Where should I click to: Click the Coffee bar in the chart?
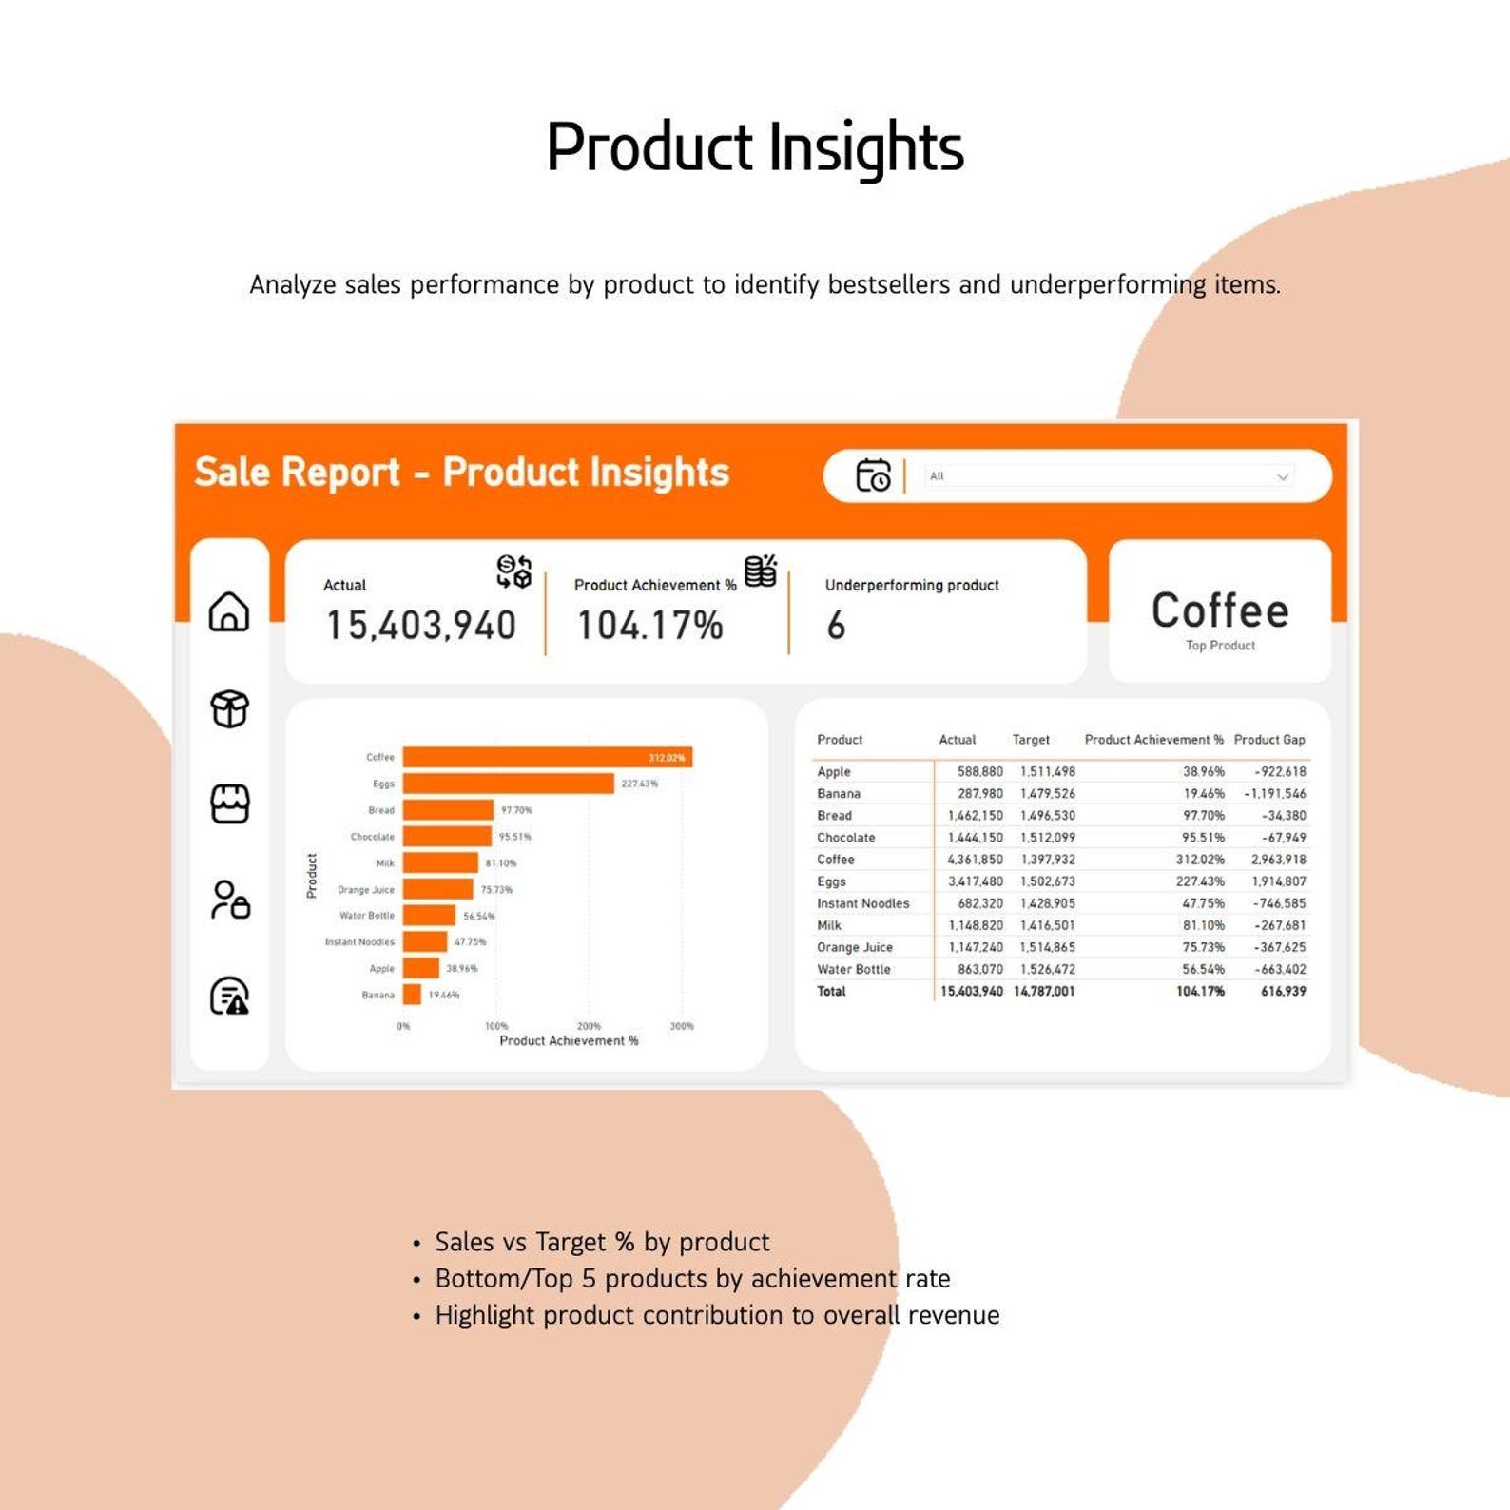[x=547, y=757]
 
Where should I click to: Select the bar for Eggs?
[x=508, y=784]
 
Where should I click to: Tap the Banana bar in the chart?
[x=412, y=995]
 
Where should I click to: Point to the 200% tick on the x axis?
[x=589, y=1026]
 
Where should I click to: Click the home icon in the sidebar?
[x=229, y=611]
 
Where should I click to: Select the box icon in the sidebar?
[x=229, y=708]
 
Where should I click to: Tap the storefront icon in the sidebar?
[x=229, y=804]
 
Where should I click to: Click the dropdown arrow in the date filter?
[x=1282, y=476]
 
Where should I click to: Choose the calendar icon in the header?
[x=873, y=475]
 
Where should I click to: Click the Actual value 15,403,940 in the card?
[x=421, y=626]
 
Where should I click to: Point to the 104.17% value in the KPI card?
[x=650, y=626]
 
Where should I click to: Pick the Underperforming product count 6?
[x=836, y=626]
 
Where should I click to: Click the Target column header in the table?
[x=1031, y=740]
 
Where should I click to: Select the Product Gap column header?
[x=1269, y=740]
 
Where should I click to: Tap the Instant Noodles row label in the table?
[x=862, y=903]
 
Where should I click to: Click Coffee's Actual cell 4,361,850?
[x=975, y=860]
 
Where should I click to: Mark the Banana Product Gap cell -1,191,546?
[x=1275, y=794]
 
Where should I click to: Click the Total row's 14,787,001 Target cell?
[x=1044, y=992]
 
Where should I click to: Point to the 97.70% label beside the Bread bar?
[x=516, y=810]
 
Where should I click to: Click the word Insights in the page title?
[x=865, y=148]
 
